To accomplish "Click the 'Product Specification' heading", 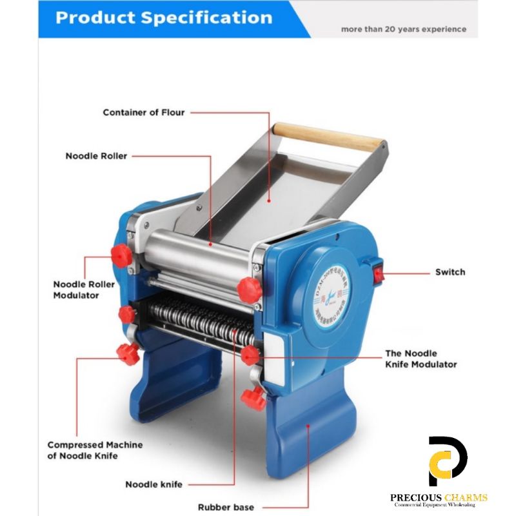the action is click(x=163, y=17).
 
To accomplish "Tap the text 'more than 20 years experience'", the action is click(x=403, y=29).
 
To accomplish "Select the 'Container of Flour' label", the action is click(x=143, y=112).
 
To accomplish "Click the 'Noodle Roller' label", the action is click(x=96, y=155).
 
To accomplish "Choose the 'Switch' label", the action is click(x=450, y=272).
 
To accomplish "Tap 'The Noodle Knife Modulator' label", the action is click(x=421, y=359).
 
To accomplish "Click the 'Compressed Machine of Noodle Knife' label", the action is click(x=95, y=450).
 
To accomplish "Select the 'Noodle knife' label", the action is click(x=154, y=484).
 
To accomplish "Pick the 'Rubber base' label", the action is click(x=226, y=507).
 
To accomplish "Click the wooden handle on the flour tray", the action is click(x=328, y=136).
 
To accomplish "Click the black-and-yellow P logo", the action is click(x=448, y=462).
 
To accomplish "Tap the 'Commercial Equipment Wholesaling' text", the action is click(x=439, y=504).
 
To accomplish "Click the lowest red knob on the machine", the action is click(x=253, y=399).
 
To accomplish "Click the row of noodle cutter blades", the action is click(x=193, y=319).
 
